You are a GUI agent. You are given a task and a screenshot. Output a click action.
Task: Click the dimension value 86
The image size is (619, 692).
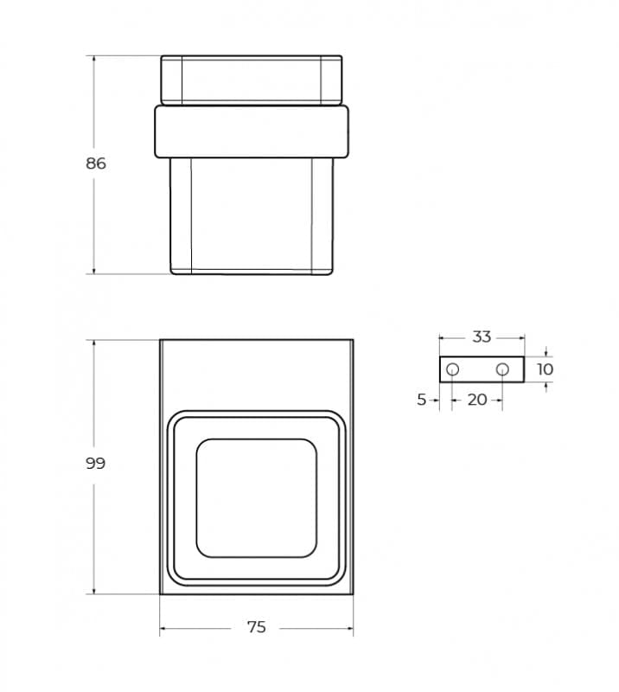coord(96,163)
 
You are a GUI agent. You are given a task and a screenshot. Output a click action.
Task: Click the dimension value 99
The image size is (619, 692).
coord(96,464)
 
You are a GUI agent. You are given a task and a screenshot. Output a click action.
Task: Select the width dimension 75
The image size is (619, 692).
coord(257,626)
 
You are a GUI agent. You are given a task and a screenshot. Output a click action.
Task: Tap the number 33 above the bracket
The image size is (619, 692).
coord(482,336)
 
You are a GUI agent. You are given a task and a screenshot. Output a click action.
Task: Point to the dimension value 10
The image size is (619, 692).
coord(546,369)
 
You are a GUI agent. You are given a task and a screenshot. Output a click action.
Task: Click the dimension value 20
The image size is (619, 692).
coord(477,400)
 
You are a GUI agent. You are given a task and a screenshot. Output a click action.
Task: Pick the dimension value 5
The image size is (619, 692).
coord(422,400)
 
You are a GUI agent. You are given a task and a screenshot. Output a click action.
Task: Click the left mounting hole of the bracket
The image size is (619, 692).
coord(452,369)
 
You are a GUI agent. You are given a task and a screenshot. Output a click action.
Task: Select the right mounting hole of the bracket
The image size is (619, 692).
coord(502,369)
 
